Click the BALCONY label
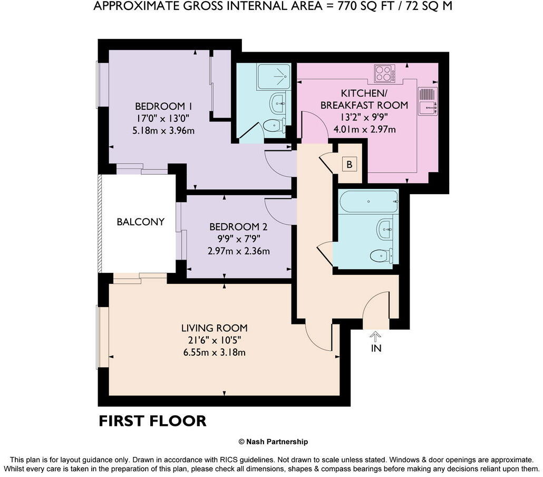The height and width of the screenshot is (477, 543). click(141, 222)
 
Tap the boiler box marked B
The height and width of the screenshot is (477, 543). click(350, 164)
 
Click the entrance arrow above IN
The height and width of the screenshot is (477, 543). click(375, 337)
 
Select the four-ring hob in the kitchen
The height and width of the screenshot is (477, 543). click(384, 73)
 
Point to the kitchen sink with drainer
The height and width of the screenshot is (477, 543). click(428, 101)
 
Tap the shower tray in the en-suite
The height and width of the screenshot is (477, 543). click(273, 77)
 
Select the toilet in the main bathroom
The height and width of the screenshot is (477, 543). click(381, 256)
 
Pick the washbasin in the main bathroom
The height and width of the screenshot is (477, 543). click(385, 229)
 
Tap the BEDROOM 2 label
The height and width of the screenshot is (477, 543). click(238, 227)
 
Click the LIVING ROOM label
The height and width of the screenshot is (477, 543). click(215, 328)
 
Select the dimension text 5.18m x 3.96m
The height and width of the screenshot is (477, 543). click(163, 131)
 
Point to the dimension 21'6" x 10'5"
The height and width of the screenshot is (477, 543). click(215, 340)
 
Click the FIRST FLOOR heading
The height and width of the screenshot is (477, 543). click(152, 421)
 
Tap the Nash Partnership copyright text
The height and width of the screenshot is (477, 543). click(273, 442)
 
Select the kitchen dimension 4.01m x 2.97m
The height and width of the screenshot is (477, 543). click(364, 130)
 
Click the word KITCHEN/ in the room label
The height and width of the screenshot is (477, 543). click(364, 93)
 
